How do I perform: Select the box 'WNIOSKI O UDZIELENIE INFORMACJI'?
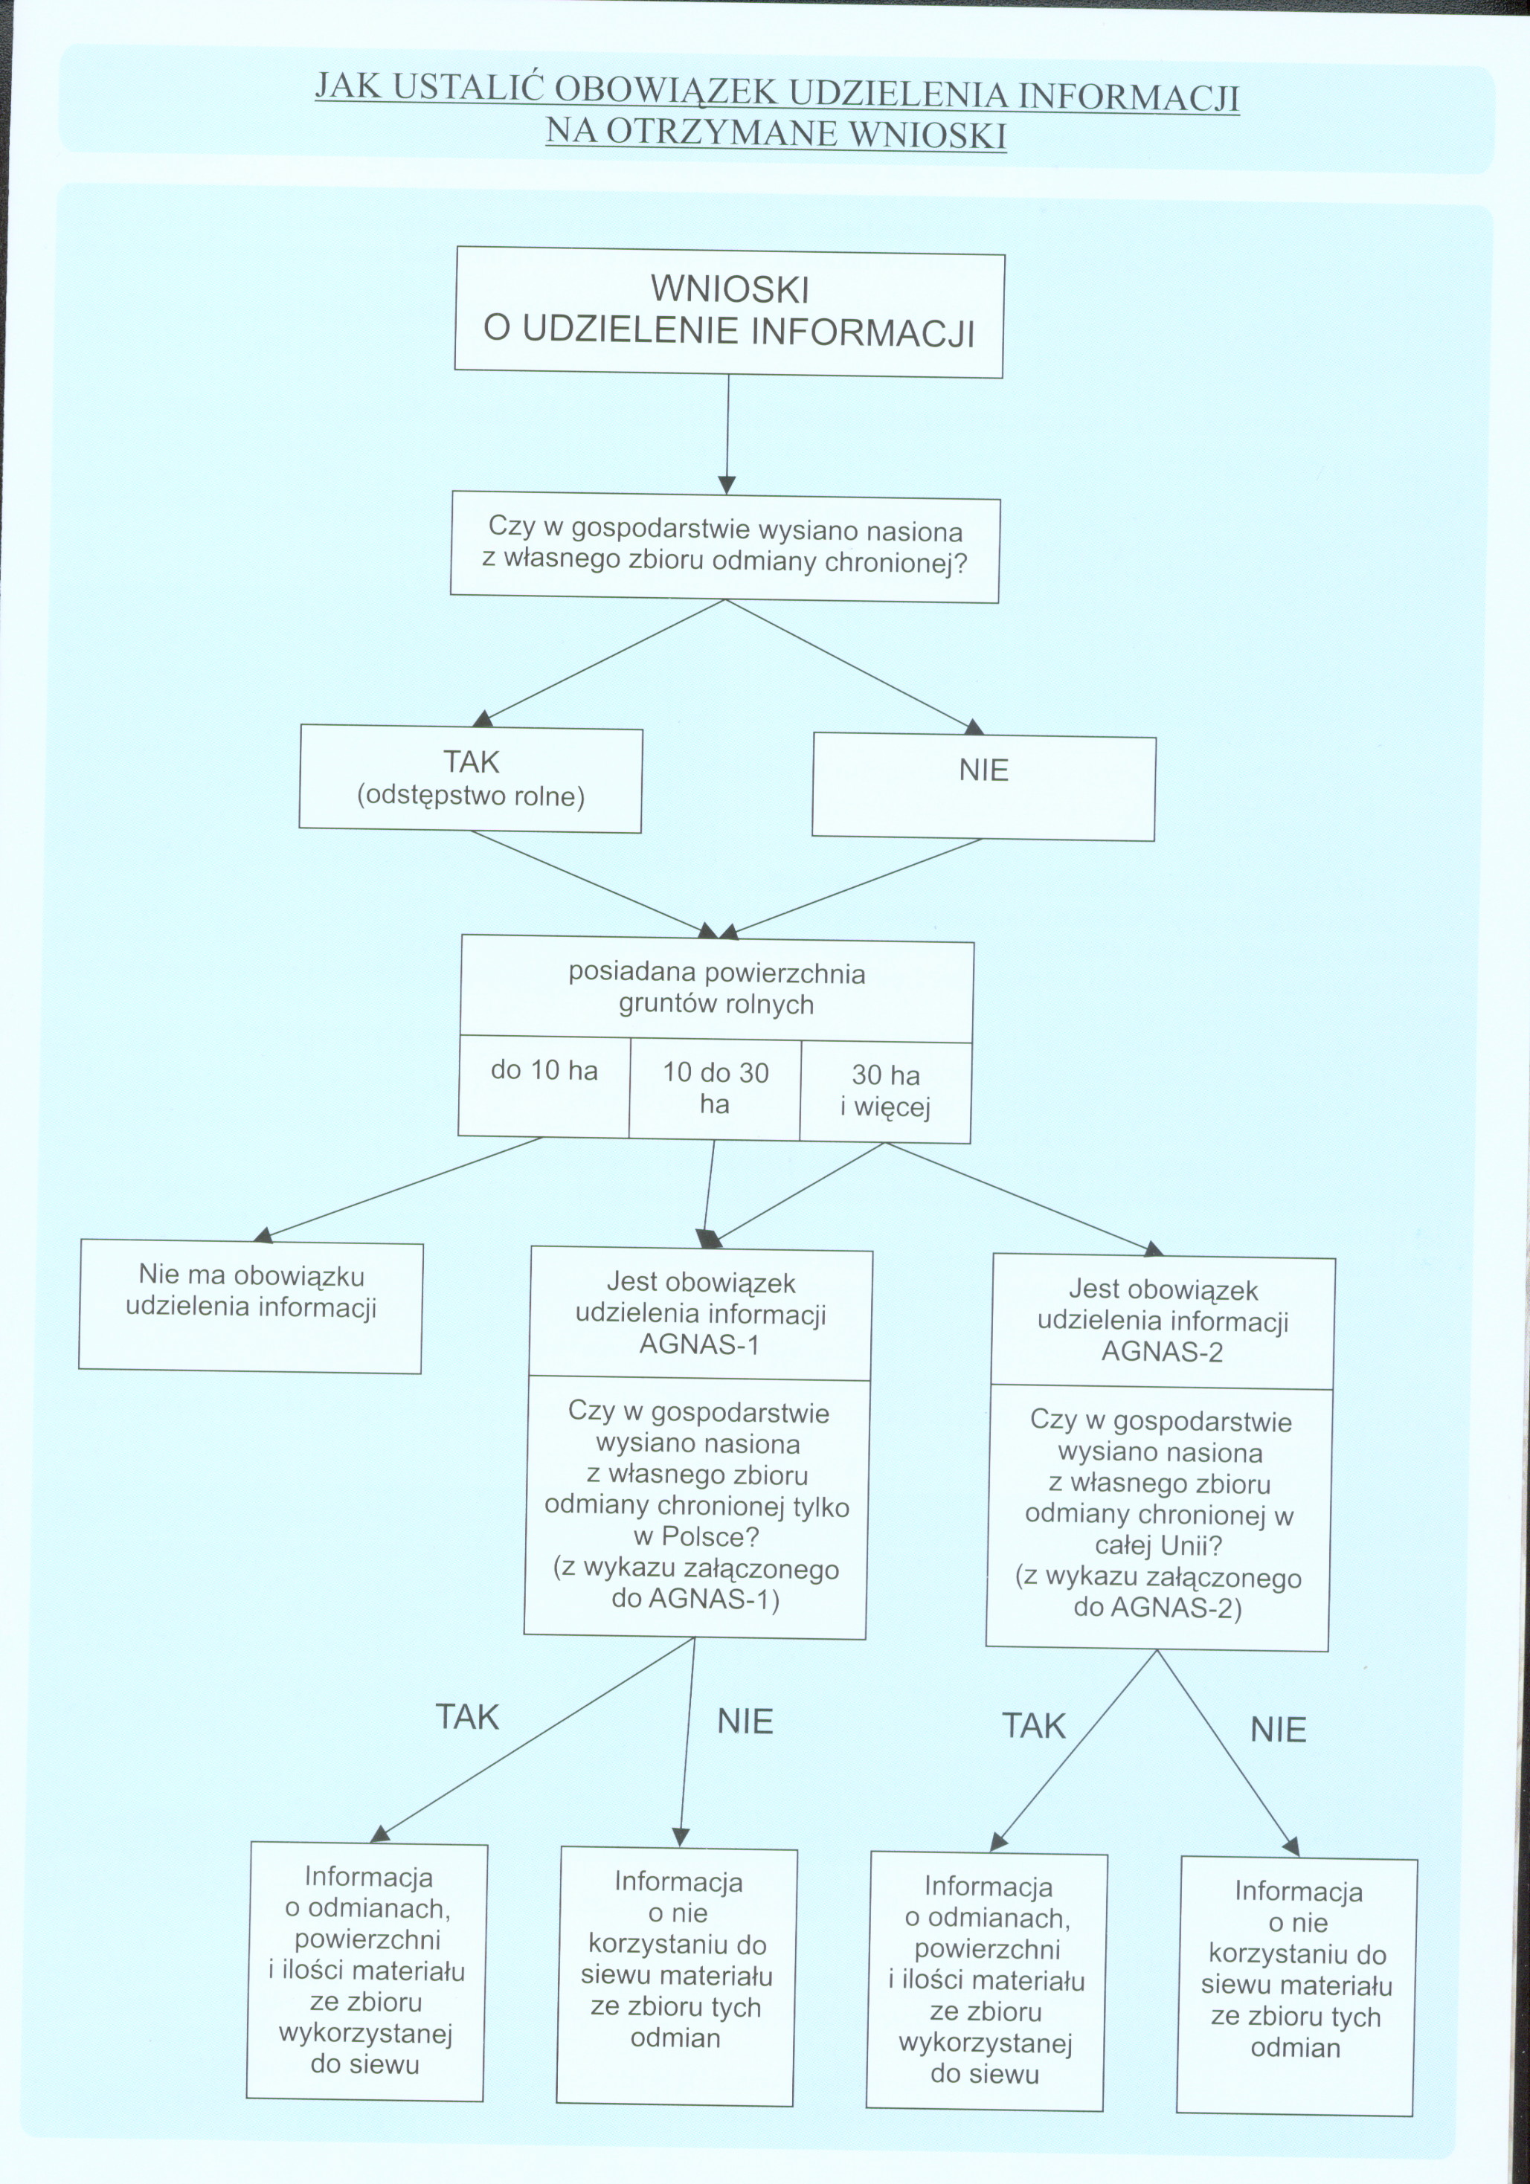pyautogui.click(x=729, y=312)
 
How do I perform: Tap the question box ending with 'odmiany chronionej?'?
pyautogui.click(x=725, y=547)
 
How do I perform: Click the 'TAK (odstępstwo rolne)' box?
pyautogui.click(x=471, y=779)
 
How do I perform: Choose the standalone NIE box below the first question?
pyautogui.click(x=984, y=787)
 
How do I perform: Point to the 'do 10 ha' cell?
pyautogui.click(x=544, y=1086)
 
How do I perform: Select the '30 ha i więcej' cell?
pyautogui.click(x=886, y=1091)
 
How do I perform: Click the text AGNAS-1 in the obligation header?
pyautogui.click(x=699, y=1345)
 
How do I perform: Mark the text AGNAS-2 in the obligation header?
pyautogui.click(x=1162, y=1352)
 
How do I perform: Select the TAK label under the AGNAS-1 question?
pyautogui.click(x=467, y=1717)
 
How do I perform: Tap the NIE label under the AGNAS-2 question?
pyautogui.click(x=1278, y=1730)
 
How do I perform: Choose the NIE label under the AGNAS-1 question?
pyautogui.click(x=745, y=1721)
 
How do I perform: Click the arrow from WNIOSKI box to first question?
pyautogui.click(x=728, y=433)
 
